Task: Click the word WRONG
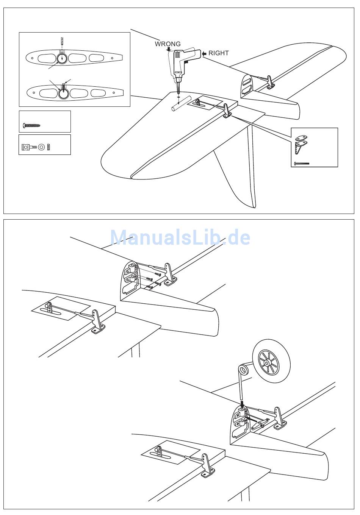coord(167,44)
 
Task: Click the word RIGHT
coord(219,53)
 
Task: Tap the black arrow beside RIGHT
coord(204,54)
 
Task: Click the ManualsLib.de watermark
coord(180,237)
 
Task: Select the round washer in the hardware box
coord(41,147)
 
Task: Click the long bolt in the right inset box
coord(302,164)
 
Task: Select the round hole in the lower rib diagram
coord(64,93)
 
